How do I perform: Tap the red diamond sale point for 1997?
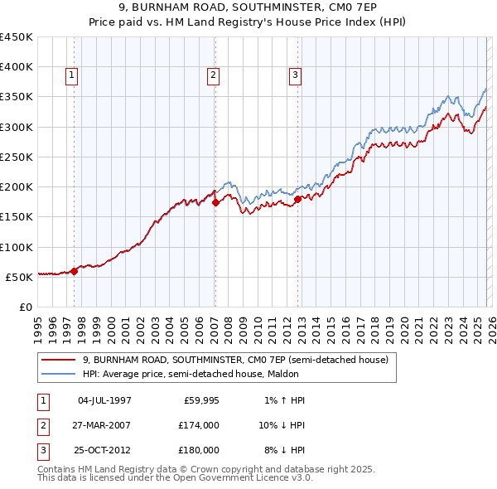click(x=74, y=270)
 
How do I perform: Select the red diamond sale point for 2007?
click(x=215, y=201)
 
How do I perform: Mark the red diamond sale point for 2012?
click(x=297, y=198)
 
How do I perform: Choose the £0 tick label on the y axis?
click(x=25, y=307)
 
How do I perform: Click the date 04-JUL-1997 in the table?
click(x=104, y=400)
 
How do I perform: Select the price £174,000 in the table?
click(x=200, y=425)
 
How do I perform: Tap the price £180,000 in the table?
click(x=200, y=450)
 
